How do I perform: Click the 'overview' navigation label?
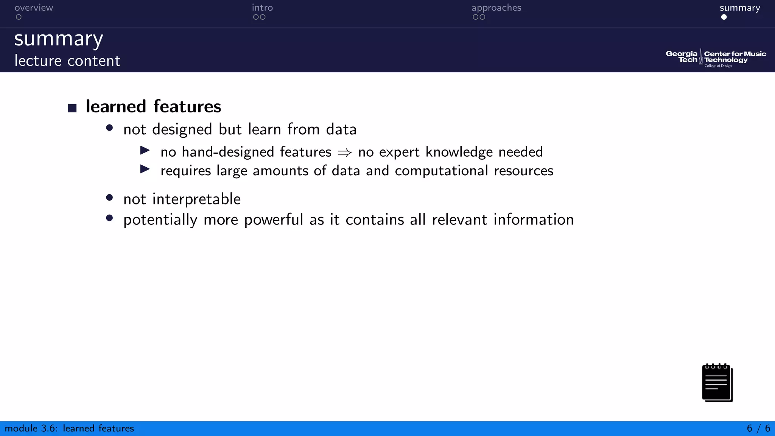point(34,8)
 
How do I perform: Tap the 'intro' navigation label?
point(262,8)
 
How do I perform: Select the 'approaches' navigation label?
point(496,8)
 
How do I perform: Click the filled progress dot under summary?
point(724,17)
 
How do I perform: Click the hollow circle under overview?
point(19,17)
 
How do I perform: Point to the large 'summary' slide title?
point(59,39)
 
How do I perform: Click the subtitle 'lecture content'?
point(67,61)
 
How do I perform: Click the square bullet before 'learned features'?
point(72,108)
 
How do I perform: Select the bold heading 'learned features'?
point(153,106)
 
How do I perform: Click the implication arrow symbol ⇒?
point(344,153)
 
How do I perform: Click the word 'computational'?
point(441,171)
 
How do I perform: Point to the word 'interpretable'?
point(196,199)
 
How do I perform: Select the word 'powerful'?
point(274,220)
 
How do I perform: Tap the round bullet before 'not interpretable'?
point(109,198)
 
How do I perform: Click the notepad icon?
point(717,383)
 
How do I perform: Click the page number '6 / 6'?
point(758,428)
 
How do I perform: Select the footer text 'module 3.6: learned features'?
point(69,428)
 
